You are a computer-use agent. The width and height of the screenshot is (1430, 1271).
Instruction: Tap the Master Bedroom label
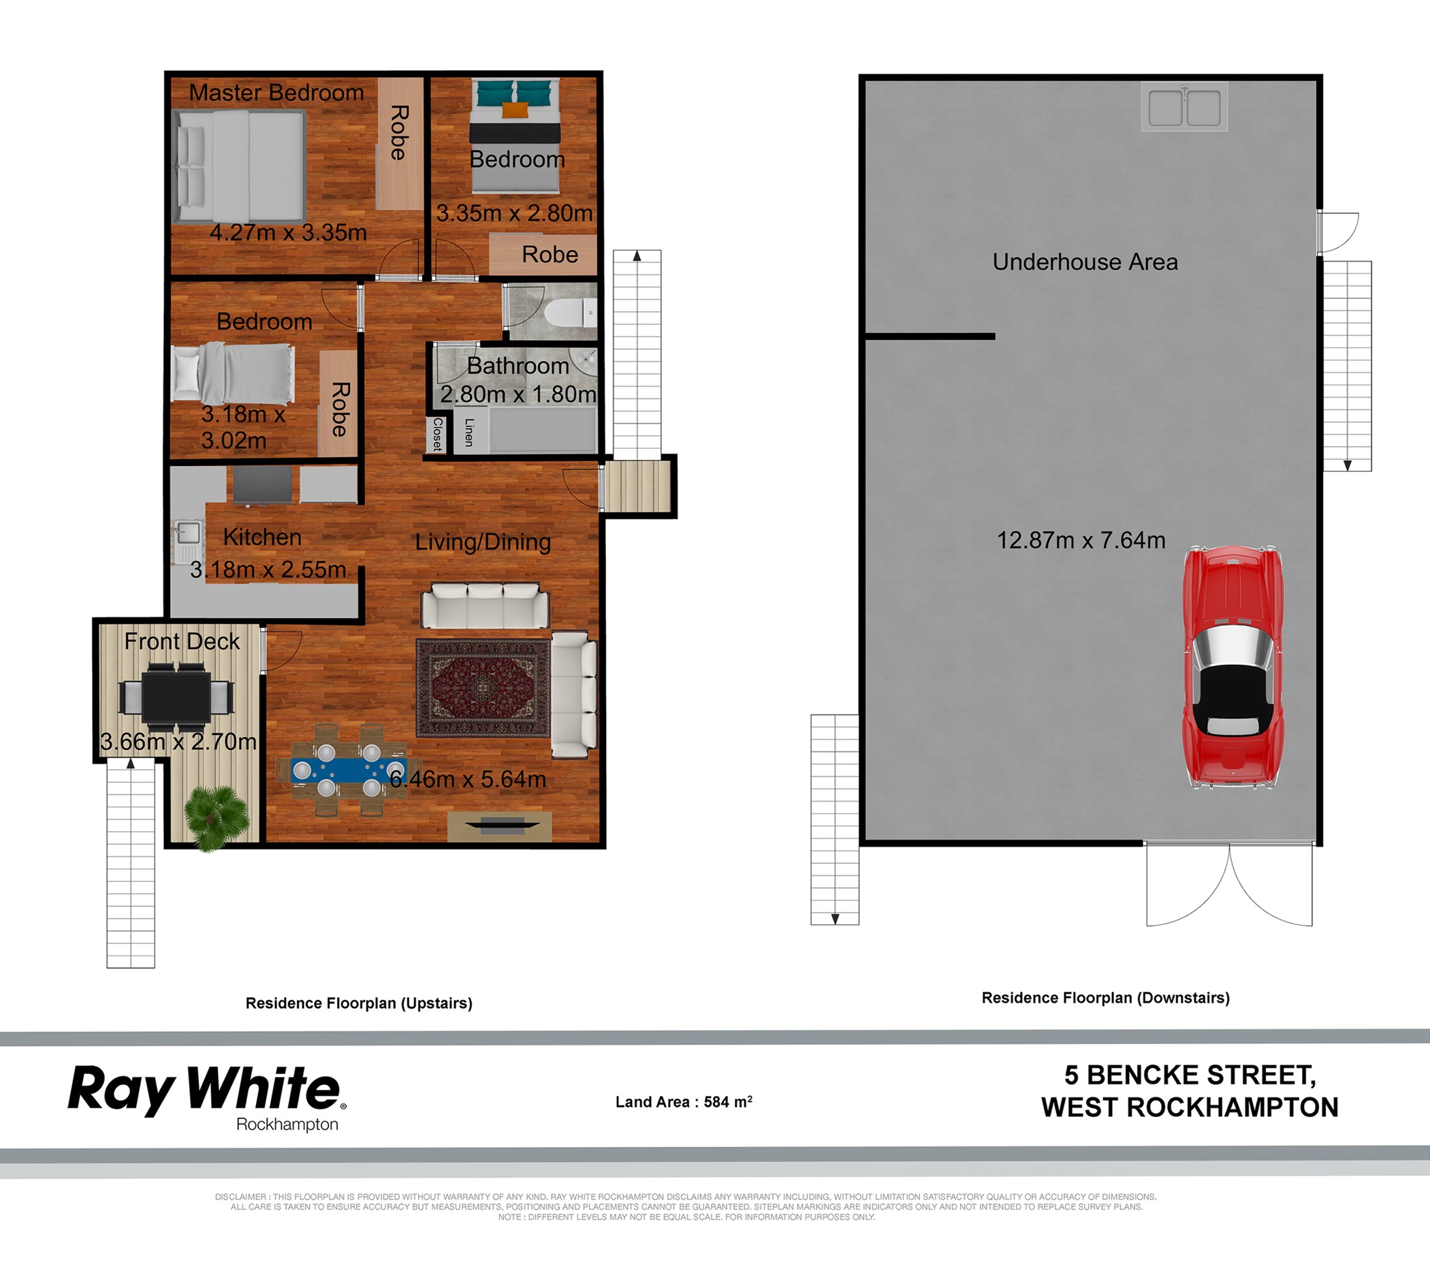coord(276,93)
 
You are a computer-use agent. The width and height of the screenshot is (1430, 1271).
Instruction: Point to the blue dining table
coord(349,770)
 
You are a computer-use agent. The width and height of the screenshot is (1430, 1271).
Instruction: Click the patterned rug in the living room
coord(483,687)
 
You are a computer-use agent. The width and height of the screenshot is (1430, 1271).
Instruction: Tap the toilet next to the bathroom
coord(570,312)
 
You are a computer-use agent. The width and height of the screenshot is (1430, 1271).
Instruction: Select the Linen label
coord(468,432)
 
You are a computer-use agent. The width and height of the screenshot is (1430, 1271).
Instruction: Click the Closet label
coord(437,434)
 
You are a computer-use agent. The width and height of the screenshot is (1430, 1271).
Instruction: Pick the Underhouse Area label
coord(1085,262)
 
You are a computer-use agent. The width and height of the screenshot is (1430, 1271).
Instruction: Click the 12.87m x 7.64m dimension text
coord(1081,539)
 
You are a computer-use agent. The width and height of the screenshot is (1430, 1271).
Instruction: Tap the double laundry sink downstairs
coord(1184,106)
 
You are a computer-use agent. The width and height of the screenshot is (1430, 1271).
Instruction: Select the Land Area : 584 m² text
coord(684,1101)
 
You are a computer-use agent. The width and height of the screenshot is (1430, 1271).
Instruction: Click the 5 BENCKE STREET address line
coord(1190,1074)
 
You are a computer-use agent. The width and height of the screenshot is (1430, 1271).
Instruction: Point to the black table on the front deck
coord(176,697)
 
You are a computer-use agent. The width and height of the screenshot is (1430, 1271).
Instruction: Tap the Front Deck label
coord(182,641)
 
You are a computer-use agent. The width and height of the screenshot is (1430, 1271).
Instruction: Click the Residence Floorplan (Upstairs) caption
coord(359,1003)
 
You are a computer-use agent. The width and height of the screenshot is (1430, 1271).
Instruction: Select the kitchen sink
coord(187,535)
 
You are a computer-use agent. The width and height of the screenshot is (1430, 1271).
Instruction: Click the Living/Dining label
coord(483,542)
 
